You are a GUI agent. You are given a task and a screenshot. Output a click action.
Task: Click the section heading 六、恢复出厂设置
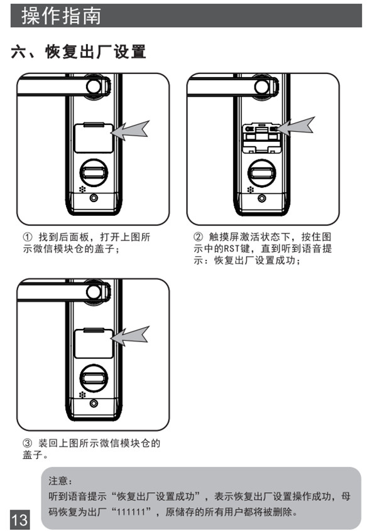click(79, 52)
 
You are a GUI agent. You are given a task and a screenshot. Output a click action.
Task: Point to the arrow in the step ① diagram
click(133, 131)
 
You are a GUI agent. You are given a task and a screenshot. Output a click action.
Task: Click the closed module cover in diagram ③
click(93, 343)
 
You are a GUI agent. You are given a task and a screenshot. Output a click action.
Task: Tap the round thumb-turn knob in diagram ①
click(93, 172)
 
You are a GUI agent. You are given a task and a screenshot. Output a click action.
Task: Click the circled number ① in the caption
click(27, 238)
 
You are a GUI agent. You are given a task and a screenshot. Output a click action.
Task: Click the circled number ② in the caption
click(198, 238)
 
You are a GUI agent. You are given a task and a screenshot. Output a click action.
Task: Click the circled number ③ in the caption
click(27, 444)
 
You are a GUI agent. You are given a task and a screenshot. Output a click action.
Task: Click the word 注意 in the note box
click(61, 481)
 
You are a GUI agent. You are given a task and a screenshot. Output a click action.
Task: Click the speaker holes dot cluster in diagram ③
click(82, 395)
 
